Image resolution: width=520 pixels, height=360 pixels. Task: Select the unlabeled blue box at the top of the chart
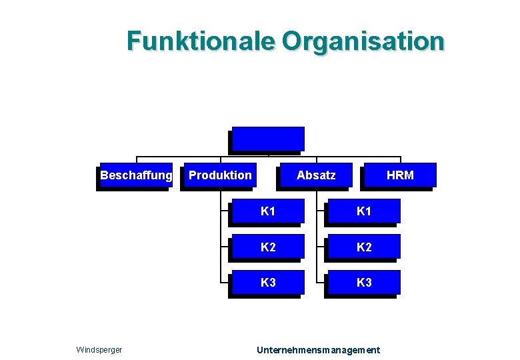(268, 139)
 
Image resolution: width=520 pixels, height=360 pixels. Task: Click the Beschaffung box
(136, 175)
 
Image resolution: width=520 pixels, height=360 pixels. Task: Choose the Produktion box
(220, 175)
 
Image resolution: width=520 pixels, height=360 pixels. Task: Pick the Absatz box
(316, 175)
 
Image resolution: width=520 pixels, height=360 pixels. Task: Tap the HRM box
(400, 175)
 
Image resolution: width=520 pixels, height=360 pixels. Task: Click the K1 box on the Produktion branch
(268, 211)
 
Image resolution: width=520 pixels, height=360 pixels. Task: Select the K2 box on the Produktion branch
(268, 247)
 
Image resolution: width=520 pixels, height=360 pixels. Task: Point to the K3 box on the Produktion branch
(268, 282)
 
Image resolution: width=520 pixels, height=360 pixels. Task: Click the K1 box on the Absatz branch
(364, 211)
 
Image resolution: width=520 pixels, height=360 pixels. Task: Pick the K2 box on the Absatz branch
(364, 247)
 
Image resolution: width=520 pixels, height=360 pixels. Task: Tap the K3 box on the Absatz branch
(364, 282)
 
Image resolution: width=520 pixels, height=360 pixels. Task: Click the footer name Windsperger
(99, 349)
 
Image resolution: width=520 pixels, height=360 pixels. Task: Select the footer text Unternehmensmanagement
(319, 349)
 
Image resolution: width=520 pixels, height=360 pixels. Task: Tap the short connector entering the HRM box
(401, 160)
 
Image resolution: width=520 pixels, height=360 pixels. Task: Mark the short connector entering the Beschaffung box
(137, 160)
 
